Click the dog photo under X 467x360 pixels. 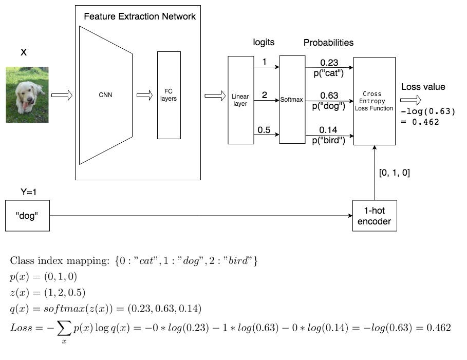click(x=27, y=95)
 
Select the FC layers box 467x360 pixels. click(x=169, y=95)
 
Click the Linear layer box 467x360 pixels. click(x=240, y=100)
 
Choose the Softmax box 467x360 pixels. click(x=292, y=100)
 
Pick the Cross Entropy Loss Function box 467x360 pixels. click(x=375, y=101)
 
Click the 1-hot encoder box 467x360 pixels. click(x=375, y=216)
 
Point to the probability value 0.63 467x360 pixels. click(x=329, y=96)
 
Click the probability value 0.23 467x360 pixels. click(x=329, y=63)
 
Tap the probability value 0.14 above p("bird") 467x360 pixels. click(x=329, y=130)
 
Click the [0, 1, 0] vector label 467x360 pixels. click(x=394, y=173)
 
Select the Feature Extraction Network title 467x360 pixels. click(x=140, y=16)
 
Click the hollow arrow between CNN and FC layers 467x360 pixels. click(x=144, y=96)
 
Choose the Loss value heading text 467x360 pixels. click(x=423, y=87)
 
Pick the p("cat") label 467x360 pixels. click(x=329, y=73)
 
